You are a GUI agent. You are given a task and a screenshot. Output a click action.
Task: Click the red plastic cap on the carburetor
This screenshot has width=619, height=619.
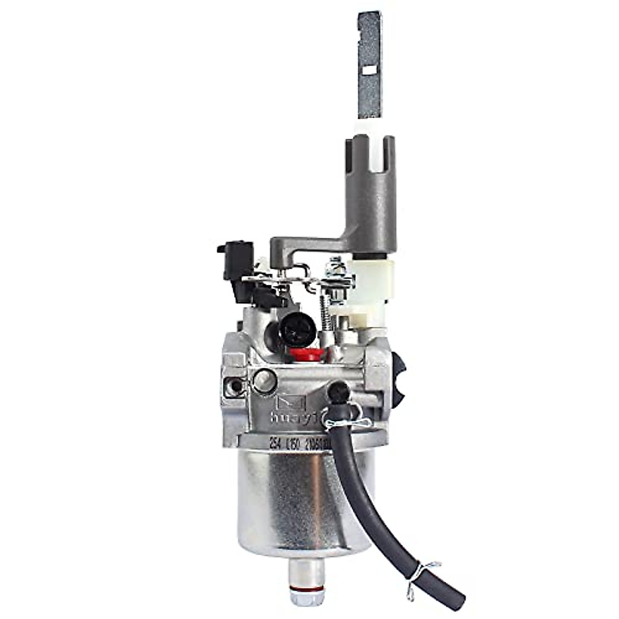(x=307, y=354)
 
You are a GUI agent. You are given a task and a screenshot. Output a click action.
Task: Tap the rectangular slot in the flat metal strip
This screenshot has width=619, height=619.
(x=370, y=69)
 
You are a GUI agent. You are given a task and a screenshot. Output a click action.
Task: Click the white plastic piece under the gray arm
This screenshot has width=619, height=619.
(x=369, y=286)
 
